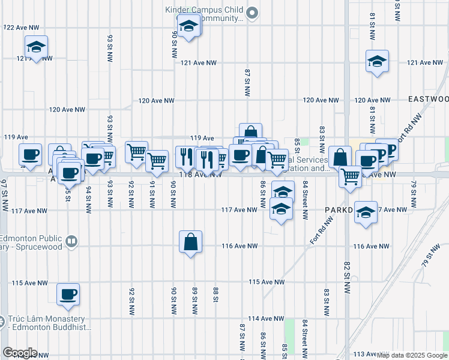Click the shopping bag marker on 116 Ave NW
point(190,242)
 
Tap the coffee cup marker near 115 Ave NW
point(68,295)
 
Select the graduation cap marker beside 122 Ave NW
point(36,47)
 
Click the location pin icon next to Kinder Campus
point(253,12)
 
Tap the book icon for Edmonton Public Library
point(71,241)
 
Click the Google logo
point(20,353)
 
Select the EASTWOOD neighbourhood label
point(428,98)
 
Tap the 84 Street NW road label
point(306,198)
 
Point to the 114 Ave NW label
point(262,318)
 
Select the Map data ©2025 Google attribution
point(411,355)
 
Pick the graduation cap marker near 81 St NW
point(377,61)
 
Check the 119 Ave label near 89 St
point(202,138)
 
